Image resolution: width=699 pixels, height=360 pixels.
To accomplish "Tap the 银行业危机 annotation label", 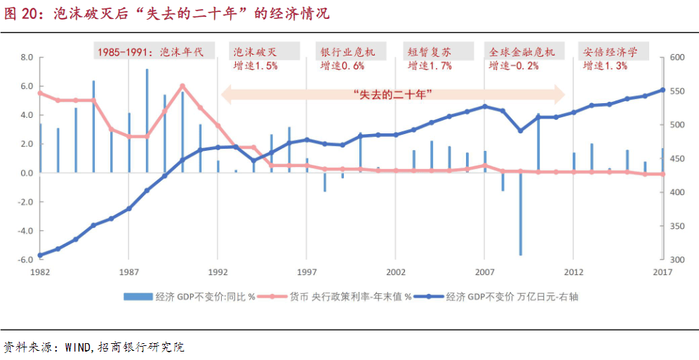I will (x=347, y=52).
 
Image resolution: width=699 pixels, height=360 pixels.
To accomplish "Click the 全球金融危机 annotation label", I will (x=522, y=52).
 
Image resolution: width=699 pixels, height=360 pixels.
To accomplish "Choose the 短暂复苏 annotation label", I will (x=430, y=52).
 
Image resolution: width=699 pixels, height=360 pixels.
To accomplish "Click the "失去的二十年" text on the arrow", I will (x=392, y=93).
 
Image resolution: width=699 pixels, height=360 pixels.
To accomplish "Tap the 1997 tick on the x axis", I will (x=307, y=272).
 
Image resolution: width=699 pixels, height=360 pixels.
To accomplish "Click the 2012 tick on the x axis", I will (x=574, y=272).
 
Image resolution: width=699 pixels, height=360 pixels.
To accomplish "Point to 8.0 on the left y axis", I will (x=27, y=58).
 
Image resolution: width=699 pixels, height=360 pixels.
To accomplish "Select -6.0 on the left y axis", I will (x=25, y=260).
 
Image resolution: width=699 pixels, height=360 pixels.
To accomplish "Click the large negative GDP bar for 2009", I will (x=521, y=214).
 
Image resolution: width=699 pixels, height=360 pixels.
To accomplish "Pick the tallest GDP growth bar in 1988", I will (x=147, y=119).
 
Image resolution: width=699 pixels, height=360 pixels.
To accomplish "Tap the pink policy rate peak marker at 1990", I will (x=182, y=86).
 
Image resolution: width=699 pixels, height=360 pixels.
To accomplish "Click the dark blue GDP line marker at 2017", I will (x=663, y=90).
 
